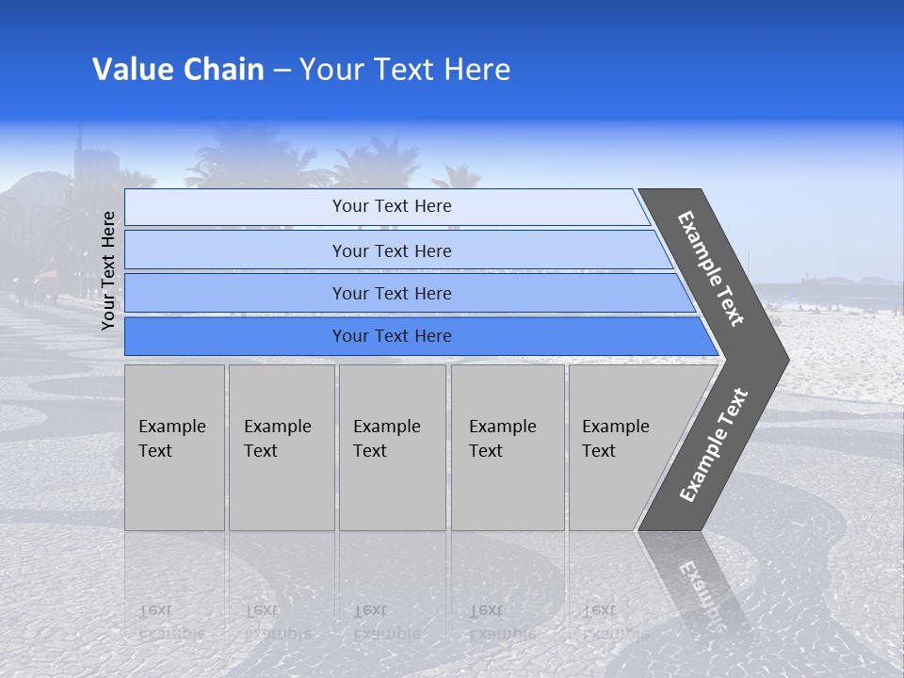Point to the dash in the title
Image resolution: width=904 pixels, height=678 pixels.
pyautogui.click(x=282, y=71)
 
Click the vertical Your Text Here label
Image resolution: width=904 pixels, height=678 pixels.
pyautogui.click(x=108, y=270)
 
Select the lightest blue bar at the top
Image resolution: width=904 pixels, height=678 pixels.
pyautogui.click(x=391, y=206)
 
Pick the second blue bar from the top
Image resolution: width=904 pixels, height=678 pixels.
pyautogui.click(x=391, y=250)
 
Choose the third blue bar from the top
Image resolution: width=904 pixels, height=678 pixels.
pyautogui.click(x=391, y=293)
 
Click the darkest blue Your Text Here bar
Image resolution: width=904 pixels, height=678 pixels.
pyautogui.click(x=391, y=336)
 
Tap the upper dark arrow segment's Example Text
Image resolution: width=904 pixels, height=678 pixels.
pyautogui.click(x=711, y=268)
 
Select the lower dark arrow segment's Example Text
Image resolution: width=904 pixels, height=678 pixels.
pyautogui.click(x=714, y=444)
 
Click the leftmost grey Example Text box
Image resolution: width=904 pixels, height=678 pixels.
pyautogui.click(x=174, y=446)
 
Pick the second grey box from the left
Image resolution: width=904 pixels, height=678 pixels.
pyautogui.click(x=281, y=446)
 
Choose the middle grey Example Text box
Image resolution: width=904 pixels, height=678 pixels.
pyautogui.click(x=392, y=446)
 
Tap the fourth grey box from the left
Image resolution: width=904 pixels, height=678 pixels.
pyautogui.click(x=507, y=446)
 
